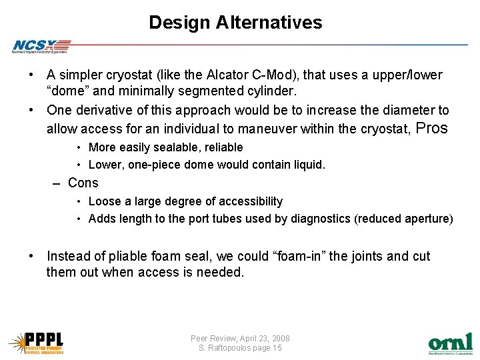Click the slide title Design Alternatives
pyautogui.click(x=235, y=23)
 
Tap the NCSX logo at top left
pyautogui.click(x=40, y=46)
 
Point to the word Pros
pyautogui.click(x=432, y=129)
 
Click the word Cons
pyautogui.click(x=83, y=183)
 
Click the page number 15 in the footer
pyautogui.click(x=277, y=348)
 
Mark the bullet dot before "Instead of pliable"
pyautogui.click(x=31, y=257)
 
